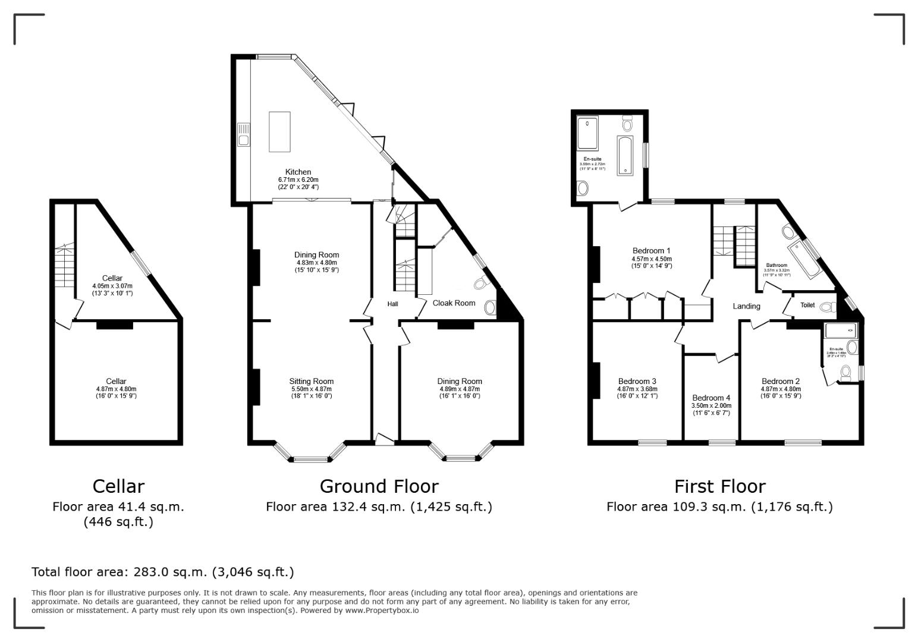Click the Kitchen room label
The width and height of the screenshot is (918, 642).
(298, 172)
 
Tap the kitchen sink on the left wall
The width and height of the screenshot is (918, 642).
(243, 134)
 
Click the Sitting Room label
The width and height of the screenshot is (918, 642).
(311, 382)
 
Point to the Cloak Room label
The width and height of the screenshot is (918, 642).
(454, 303)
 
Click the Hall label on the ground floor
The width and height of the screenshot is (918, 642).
(392, 304)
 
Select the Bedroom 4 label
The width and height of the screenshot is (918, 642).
(711, 398)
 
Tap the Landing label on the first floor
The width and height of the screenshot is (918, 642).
(746, 306)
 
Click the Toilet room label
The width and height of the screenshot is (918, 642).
(807, 305)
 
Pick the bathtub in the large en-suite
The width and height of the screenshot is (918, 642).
(626, 156)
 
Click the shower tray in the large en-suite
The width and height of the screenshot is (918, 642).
(587, 133)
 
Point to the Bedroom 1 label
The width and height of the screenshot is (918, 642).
(652, 251)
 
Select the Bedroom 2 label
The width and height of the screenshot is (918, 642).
(781, 382)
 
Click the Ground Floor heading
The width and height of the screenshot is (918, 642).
(379, 486)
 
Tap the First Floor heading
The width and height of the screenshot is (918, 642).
(719, 486)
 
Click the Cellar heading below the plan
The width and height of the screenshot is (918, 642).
(118, 486)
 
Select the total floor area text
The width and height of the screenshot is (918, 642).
(162, 572)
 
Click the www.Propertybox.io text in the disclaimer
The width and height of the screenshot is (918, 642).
(382, 610)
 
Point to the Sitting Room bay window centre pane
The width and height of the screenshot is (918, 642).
(312, 459)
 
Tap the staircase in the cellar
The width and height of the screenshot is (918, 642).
(63, 267)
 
